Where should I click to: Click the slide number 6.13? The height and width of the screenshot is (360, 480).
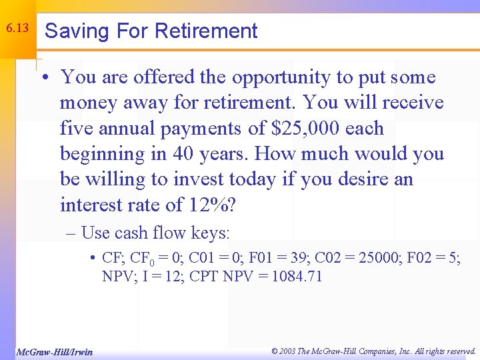[x=17, y=29]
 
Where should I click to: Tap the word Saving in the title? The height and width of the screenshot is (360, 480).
[x=73, y=31]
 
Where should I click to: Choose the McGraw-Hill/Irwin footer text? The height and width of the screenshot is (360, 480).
[x=54, y=351]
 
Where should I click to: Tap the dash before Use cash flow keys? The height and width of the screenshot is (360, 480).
[x=71, y=233]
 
